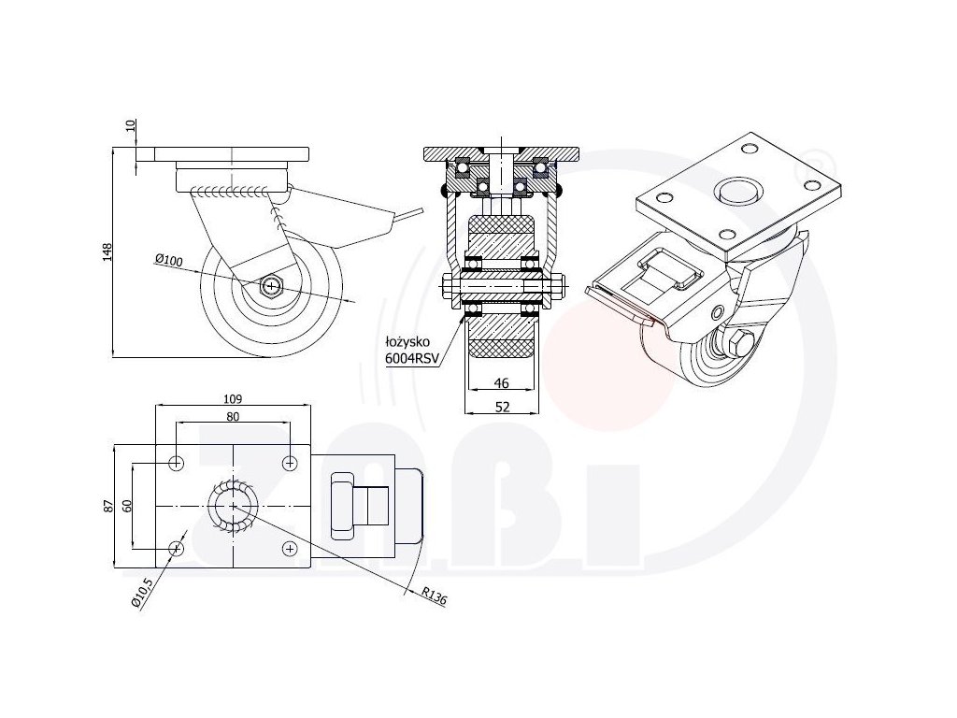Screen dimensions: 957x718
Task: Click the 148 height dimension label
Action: pyautogui.click(x=107, y=251)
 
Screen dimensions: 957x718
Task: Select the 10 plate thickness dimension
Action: pyautogui.click(x=131, y=127)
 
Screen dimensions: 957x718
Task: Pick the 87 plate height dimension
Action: pyautogui.click(x=108, y=505)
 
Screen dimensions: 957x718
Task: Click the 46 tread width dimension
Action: pyautogui.click(x=501, y=383)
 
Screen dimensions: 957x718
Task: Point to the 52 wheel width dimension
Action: pyautogui.click(x=501, y=407)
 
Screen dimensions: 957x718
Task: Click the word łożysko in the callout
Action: pyautogui.click(x=405, y=343)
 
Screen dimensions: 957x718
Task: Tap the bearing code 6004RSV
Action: pyautogui.click(x=410, y=357)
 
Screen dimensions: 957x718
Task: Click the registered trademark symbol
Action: pyautogui.click(x=812, y=152)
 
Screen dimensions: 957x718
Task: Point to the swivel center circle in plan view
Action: pyautogui.click(x=232, y=505)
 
